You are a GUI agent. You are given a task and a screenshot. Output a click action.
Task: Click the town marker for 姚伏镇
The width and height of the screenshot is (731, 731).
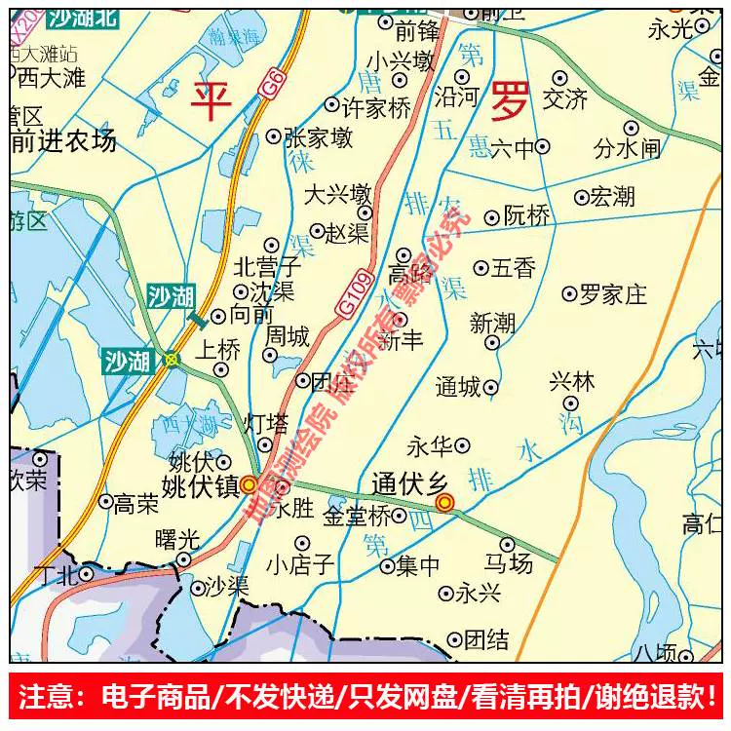coord(250,483)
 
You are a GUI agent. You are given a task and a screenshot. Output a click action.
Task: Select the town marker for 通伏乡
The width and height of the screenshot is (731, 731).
coord(445,503)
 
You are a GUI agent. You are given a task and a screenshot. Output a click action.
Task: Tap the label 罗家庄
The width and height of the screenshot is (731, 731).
coord(613,293)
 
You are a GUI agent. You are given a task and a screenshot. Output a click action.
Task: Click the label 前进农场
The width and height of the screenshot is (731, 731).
coord(63,141)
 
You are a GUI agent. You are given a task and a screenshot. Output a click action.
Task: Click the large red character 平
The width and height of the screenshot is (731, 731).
coord(212,101)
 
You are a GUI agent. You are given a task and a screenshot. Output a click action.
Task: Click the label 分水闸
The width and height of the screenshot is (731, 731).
coord(628,149)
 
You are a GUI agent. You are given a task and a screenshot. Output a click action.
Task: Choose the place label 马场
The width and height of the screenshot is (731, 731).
coord(508,564)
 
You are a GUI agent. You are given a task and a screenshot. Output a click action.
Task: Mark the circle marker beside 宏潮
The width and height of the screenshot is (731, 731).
coord(581,197)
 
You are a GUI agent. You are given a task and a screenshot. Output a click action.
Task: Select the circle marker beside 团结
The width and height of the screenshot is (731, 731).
coord(453,639)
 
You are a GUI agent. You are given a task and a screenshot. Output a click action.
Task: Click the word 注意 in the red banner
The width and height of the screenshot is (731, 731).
coord(46,697)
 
